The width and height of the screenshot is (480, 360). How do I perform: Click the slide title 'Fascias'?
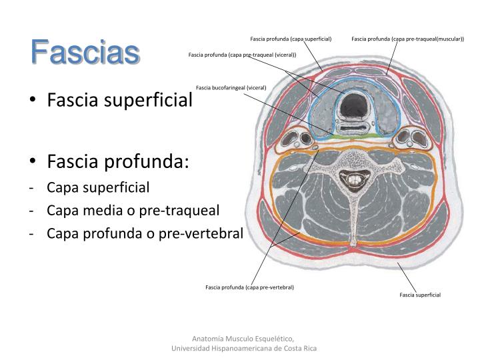(85, 52)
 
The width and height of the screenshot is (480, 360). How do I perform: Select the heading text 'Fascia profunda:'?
(118, 161)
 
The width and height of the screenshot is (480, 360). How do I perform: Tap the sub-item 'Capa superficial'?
(98, 187)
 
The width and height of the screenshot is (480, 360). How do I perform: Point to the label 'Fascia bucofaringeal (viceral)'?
(231, 88)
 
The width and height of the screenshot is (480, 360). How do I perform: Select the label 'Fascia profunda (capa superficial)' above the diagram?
(291, 39)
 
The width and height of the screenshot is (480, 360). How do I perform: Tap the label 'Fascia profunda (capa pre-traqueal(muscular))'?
(407, 39)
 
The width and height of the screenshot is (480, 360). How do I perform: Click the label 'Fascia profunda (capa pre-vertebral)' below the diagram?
(249, 287)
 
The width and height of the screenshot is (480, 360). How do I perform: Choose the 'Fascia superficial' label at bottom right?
(420, 295)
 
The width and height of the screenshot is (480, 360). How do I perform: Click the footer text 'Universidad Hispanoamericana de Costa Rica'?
(244, 349)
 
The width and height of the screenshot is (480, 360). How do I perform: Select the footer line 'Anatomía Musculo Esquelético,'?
(244, 338)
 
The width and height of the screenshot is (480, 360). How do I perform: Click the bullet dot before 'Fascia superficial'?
(33, 101)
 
